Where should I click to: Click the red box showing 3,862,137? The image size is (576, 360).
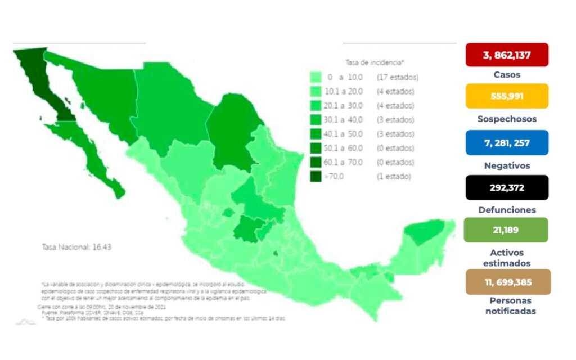[x=507, y=55]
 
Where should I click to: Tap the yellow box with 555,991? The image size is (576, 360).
[x=507, y=96]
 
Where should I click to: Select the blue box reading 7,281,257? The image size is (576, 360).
[x=507, y=143]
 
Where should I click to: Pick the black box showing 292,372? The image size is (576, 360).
[x=507, y=187]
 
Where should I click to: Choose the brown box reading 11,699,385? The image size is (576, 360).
[x=507, y=282]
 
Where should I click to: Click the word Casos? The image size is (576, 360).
[x=507, y=74]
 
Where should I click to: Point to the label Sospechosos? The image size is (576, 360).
[x=507, y=119]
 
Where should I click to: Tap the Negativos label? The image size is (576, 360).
[x=507, y=165]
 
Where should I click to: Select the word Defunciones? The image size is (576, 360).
[x=507, y=210]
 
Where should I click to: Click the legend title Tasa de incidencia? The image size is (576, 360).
[x=375, y=62]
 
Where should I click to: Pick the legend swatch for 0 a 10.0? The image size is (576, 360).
[x=316, y=77]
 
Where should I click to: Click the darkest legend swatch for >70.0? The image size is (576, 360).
[x=316, y=177]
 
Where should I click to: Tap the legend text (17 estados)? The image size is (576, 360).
[x=398, y=77]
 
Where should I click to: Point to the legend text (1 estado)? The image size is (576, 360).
[x=394, y=177]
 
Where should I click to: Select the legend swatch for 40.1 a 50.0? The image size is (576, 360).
[x=316, y=134]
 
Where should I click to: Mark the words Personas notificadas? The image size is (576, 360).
[x=511, y=305]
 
